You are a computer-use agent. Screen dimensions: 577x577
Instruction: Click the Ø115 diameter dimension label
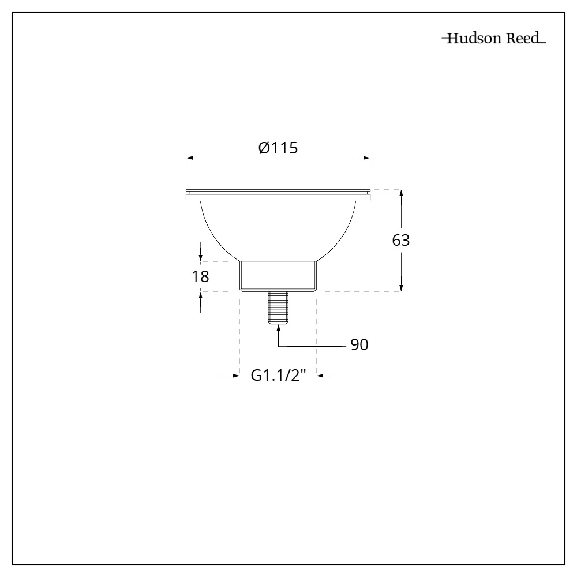click(278, 148)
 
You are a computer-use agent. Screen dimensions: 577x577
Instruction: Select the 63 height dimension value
click(401, 241)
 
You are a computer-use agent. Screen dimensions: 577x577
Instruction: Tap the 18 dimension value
click(200, 276)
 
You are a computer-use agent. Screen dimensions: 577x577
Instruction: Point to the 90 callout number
click(359, 345)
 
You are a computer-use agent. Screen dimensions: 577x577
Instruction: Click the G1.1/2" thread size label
click(278, 376)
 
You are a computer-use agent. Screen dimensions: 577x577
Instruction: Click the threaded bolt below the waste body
click(278, 308)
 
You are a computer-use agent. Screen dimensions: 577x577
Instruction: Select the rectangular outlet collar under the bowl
click(278, 276)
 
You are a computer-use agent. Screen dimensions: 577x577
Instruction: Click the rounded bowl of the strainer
click(278, 231)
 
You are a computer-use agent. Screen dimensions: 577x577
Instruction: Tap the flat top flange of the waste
click(278, 195)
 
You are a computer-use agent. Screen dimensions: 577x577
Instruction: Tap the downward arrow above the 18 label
click(200, 257)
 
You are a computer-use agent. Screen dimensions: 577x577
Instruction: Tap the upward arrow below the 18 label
click(200, 296)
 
